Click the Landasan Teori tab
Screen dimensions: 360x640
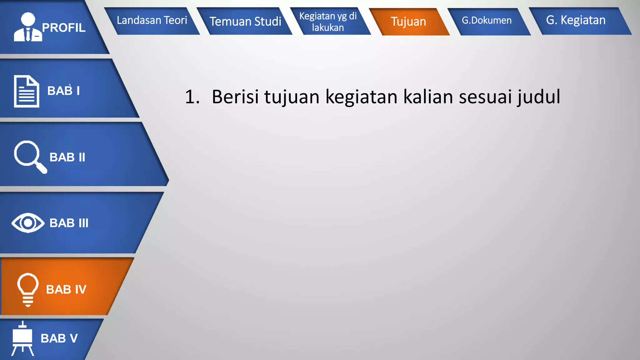click(x=152, y=21)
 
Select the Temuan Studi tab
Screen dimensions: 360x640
click(x=245, y=22)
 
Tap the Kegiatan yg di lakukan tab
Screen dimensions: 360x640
click(x=328, y=22)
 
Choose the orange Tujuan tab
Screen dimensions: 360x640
click(x=408, y=22)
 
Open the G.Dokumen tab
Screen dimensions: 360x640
click(x=487, y=21)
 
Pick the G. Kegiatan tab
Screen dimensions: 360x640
click(x=576, y=20)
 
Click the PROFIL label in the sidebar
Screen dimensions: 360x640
click(x=64, y=28)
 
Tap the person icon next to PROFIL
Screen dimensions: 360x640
click(x=28, y=27)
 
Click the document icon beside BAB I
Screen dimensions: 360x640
click(x=27, y=91)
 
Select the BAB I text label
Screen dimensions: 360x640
click(x=63, y=91)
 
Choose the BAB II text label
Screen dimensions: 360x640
click(x=67, y=157)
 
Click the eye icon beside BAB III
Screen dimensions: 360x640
click(x=28, y=223)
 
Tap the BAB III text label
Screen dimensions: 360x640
click(x=69, y=223)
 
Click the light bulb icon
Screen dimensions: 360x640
click(x=28, y=289)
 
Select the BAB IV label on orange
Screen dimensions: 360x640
click(x=66, y=289)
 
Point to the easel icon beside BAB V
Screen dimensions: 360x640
click(x=22, y=339)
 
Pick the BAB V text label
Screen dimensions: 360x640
click(x=59, y=338)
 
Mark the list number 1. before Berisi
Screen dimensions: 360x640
click(x=192, y=97)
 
